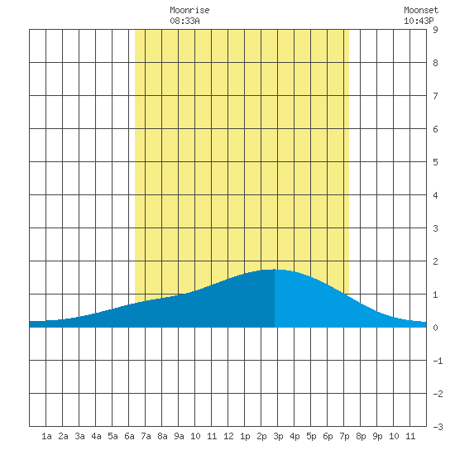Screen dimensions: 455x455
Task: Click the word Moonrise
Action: pos(189,10)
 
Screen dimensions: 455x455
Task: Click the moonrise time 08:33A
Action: pos(184,21)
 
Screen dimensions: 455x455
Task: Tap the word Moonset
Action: pos(421,10)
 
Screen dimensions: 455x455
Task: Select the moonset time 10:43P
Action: pos(419,21)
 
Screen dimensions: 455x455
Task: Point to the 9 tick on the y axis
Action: pos(435,30)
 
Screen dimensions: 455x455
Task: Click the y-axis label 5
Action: pos(435,162)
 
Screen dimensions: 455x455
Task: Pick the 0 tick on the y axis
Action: pos(435,328)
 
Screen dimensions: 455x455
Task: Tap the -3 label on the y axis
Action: pos(438,427)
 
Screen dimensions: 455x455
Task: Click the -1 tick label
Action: pos(438,361)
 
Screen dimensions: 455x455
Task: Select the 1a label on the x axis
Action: pos(46,436)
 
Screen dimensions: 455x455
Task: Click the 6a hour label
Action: pos(129,436)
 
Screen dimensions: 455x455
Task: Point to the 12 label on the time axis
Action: pos(228,436)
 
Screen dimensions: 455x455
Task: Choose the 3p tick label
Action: pos(278,436)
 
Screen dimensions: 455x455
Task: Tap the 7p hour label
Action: pos(344,436)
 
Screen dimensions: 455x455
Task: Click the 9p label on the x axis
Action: pos(377,436)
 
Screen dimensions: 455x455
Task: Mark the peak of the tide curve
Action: pos(274,270)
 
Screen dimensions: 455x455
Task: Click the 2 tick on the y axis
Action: pos(435,261)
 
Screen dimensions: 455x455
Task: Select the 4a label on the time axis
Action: pos(96,436)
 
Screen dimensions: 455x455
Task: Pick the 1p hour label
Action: pos(245,436)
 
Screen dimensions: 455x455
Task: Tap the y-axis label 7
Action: pos(435,96)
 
